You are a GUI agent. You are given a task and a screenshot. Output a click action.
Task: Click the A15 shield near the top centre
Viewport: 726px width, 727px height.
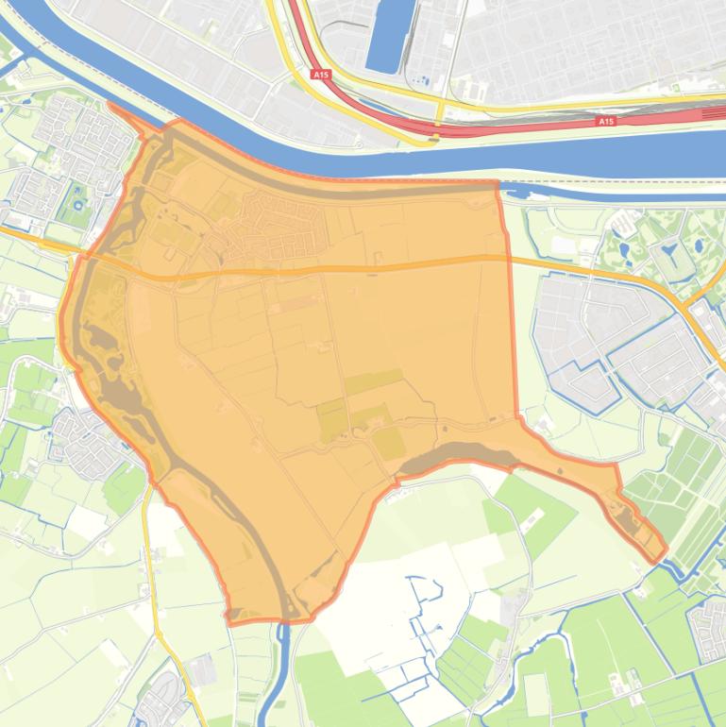tap(321, 74)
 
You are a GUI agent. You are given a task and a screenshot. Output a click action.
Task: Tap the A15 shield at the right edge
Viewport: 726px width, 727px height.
tap(606, 122)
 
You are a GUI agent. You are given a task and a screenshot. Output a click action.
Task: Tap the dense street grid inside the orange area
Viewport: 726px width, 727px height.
tap(283, 222)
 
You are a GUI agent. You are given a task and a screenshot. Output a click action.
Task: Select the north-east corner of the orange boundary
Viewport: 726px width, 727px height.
tap(498, 184)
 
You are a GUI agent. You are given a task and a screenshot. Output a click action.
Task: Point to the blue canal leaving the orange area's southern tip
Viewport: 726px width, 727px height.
tap(276, 670)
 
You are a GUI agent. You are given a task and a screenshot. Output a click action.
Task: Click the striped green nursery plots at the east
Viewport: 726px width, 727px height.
tap(680, 491)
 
